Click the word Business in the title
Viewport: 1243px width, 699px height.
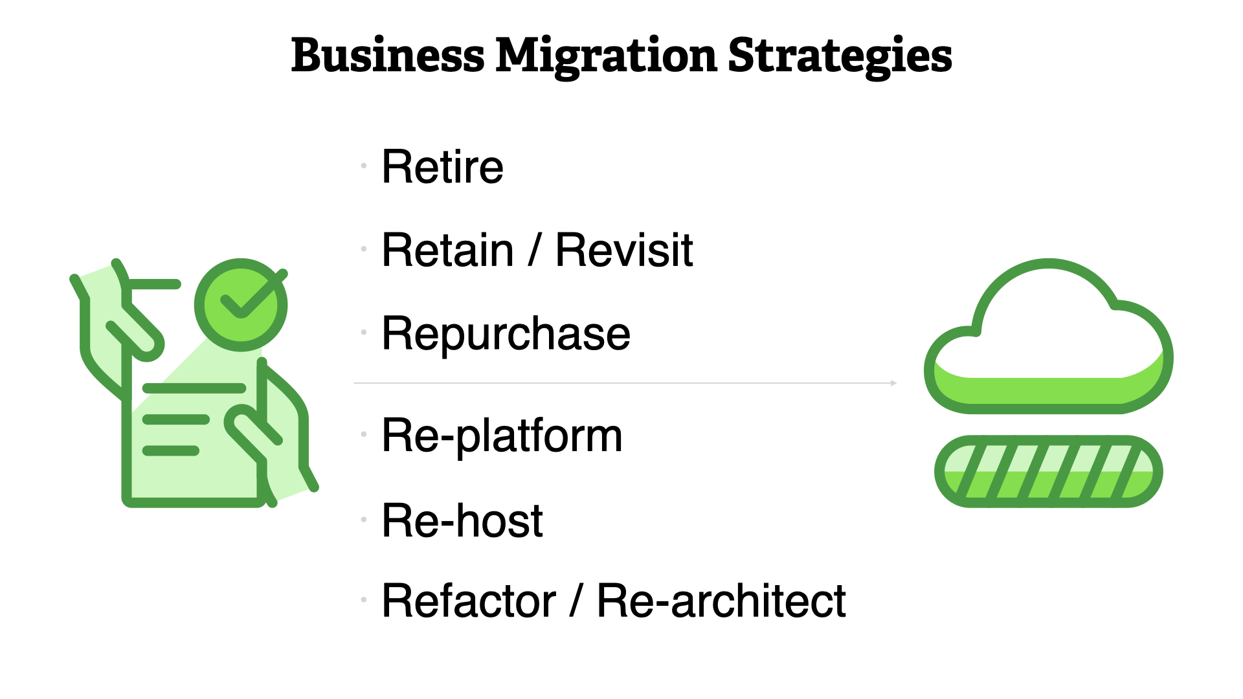coord(388,55)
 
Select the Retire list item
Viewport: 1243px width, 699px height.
coord(442,166)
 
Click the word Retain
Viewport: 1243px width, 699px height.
coord(448,250)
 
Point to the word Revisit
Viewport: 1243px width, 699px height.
coord(624,250)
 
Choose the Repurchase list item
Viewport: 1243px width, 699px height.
coord(506,335)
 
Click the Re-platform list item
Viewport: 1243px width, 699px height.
coord(502,436)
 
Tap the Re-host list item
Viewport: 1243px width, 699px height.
coord(462,520)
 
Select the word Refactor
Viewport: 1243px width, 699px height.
coord(469,601)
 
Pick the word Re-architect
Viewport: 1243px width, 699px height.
coord(721,601)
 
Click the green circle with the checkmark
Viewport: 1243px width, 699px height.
coord(241,305)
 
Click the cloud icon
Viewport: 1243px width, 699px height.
coord(1048,336)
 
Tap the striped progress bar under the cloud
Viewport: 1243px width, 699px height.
coord(1048,471)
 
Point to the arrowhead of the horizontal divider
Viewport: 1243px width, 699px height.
coord(894,383)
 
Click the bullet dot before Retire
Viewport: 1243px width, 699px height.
coord(364,166)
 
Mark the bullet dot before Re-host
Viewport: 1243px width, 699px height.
coord(364,519)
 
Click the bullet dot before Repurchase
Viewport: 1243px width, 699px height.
coord(364,332)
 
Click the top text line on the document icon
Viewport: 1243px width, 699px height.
coord(194,388)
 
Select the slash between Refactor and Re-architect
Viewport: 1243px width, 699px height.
coord(576,601)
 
